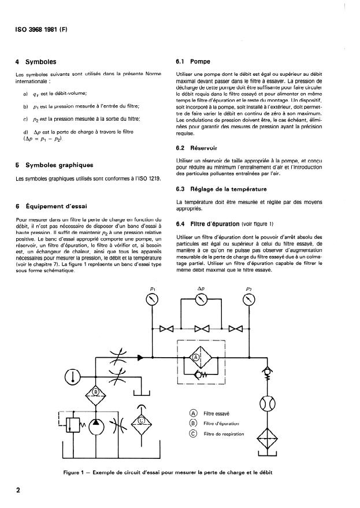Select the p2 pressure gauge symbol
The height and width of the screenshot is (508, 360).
[249, 299]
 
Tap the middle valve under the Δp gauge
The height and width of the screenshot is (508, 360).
[200, 329]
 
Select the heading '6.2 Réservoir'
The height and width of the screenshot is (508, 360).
[199, 148]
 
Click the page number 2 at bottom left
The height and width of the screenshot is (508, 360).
[19, 490]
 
